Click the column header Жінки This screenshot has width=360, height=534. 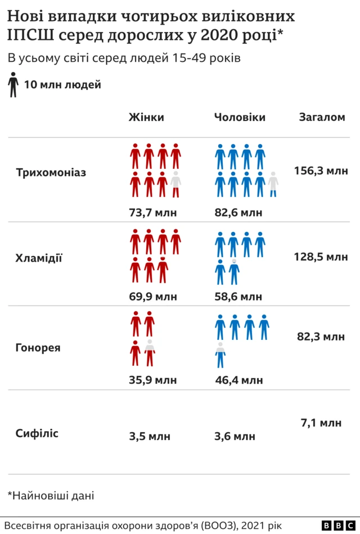146,118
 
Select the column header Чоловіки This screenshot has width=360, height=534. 240,118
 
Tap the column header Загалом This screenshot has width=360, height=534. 322,118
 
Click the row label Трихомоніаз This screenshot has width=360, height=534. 51,172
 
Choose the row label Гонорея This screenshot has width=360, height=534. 38,348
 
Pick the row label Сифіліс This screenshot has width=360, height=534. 37,434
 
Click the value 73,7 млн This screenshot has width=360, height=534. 153,213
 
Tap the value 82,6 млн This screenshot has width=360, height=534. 238,213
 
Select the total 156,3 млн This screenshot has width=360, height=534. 321,170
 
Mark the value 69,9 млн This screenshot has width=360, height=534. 153,297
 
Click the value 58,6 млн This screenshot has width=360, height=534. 238,297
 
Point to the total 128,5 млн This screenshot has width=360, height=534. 321,257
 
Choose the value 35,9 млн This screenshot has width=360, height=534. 153,380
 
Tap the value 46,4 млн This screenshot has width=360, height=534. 238,380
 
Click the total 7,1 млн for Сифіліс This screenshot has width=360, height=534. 321,423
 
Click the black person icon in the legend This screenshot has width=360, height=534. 13,85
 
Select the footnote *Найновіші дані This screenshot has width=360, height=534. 51,496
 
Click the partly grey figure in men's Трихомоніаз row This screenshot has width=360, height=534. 273,184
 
